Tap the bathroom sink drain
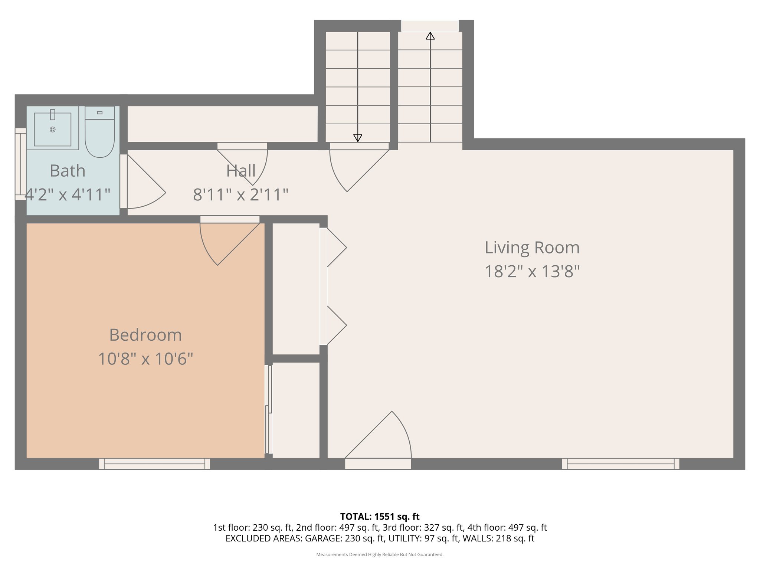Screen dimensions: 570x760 click(x=53, y=130)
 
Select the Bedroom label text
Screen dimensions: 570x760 click(x=145, y=335)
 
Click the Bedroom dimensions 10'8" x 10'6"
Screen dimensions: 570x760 click(x=145, y=359)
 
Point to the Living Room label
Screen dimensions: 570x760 click(x=532, y=248)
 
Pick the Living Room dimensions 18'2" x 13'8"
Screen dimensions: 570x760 click(x=532, y=272)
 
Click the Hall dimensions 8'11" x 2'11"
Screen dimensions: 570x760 click(x=240, y=194)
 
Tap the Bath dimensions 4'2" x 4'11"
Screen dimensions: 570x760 click(x=68, y=194)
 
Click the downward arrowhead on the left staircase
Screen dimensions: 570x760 click(x=358, y=138)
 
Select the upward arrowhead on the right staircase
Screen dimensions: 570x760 click(x=430, y=36)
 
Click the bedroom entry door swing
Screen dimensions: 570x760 click(x=223, y=241)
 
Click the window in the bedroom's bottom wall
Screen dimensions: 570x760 click(x=154, y=463)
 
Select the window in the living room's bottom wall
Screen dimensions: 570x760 click(x=620, y=463)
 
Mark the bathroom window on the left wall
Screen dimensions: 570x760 click(x=20, y=164)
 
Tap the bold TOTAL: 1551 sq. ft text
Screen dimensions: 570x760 click(x=380, y=517)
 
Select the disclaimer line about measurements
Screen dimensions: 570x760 click(x=380, y=555)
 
